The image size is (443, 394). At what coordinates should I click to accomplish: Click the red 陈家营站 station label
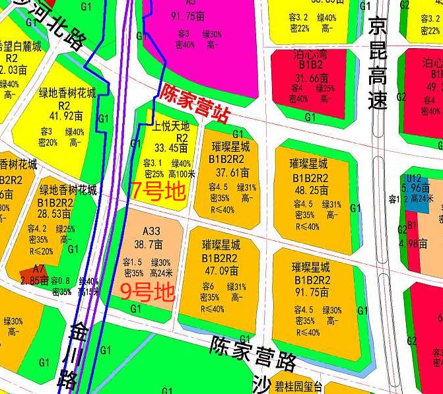point(195,104)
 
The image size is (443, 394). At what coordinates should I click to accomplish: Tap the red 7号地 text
point(157,191)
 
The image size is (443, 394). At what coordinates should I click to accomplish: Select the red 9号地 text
point(146,290)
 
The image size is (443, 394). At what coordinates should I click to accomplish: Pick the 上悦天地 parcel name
point(170,126)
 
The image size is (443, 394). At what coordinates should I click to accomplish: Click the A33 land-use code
point(151,231)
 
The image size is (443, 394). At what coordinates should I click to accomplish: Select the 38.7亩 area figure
point(151,244)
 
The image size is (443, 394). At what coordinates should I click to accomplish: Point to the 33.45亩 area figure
point(171,148)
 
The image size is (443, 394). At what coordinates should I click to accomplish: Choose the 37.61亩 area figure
point(231,172)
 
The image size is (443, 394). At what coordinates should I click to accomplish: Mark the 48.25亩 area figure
point(310,189)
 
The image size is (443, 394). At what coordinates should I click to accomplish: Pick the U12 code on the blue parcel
point(413,178)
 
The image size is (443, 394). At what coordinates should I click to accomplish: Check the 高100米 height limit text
point(182,174)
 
